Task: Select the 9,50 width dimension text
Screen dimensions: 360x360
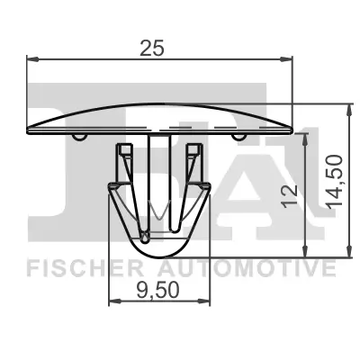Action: click(x=159, y=290)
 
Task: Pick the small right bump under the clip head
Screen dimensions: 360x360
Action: click(x=240, y=137)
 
